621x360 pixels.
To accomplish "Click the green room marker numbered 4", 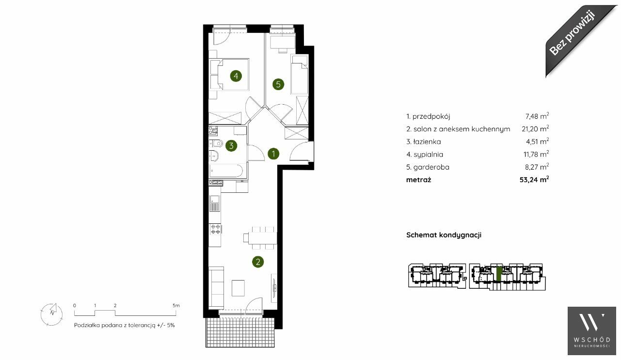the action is (236, 76).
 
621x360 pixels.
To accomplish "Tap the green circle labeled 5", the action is (278, 84).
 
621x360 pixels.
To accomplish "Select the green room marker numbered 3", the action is (231, 145).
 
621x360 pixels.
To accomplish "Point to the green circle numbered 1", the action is (273, 154).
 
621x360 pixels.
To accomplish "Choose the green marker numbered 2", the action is (258, 262).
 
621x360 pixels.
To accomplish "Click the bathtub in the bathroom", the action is (226, 171).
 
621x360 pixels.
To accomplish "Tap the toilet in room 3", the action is (216, 143).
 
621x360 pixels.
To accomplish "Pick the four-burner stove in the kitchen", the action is (215, 229).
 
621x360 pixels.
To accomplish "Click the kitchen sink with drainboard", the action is (215, 203).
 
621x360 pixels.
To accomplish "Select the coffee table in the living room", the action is (238, 288).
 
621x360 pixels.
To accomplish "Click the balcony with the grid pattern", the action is (240, 332).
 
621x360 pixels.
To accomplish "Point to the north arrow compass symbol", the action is (51, 314).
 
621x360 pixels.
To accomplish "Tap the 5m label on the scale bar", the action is (176, 305).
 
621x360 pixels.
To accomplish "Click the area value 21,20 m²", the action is (535, 128).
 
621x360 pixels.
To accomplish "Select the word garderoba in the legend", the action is (431, 167).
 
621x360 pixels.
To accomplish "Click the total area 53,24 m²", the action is (534, 179).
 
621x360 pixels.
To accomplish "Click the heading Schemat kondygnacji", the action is (444, 235).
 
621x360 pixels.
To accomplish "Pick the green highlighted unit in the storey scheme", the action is (499, 274).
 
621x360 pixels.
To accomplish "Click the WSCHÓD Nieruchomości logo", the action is (591, 330).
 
